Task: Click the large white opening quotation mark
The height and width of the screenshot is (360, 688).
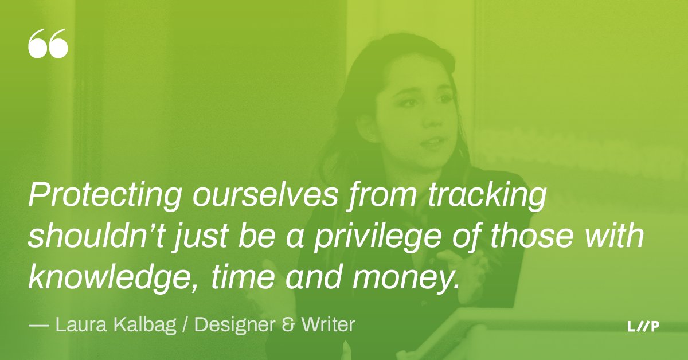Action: [x=48, y=45]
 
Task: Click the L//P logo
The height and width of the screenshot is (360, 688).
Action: [x=643, y=327]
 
